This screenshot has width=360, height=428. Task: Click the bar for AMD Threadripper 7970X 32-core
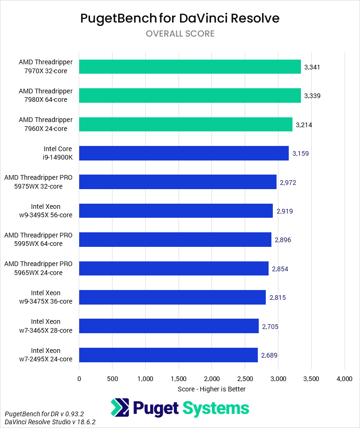190,67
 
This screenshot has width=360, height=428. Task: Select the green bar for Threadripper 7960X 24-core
186,124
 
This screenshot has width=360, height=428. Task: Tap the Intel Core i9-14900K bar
184,153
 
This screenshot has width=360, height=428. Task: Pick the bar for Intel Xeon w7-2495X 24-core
168,355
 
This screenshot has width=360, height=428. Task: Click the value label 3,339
312,96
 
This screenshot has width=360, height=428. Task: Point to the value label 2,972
288,182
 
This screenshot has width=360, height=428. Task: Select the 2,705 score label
270,326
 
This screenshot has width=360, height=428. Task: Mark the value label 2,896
283,240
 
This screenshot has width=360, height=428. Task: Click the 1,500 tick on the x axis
179,379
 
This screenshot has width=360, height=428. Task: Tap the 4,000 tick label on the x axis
345,379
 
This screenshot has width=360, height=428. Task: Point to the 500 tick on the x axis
112,379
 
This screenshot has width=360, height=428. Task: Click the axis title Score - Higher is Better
212,389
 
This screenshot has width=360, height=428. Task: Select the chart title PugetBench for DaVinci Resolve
180,18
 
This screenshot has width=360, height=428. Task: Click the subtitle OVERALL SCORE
180,34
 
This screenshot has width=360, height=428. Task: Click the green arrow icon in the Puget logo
120,408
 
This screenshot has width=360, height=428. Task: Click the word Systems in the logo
216,408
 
